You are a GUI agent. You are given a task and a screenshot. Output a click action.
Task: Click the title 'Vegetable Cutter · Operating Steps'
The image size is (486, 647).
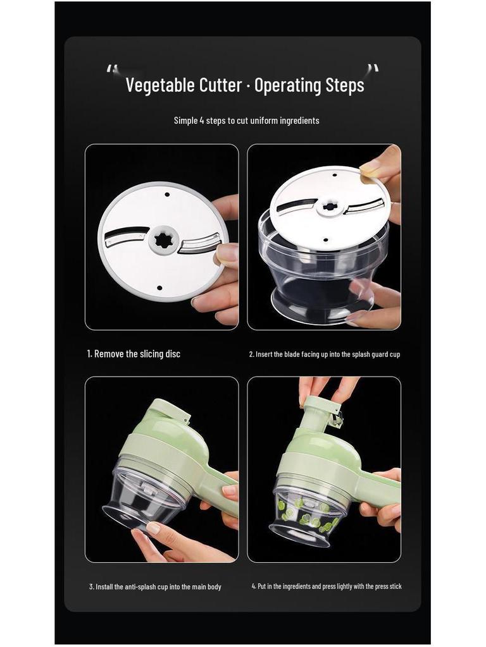pos(244,85)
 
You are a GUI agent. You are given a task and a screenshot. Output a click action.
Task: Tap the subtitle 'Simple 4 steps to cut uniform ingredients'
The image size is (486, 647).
pos(246,120)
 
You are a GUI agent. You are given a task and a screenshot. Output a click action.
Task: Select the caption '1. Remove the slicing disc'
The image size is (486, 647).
pos(134,354)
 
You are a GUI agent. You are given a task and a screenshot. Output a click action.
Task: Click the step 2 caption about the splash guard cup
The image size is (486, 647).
pos(324,354)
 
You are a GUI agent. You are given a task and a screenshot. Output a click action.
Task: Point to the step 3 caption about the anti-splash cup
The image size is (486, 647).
pos(155,587)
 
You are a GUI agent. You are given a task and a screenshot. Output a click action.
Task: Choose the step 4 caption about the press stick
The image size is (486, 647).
pos(326,586)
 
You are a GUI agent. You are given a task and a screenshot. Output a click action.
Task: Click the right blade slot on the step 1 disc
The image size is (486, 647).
pos(199,243)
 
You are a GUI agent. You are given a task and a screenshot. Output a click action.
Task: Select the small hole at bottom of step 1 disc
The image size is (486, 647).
pos(158,288)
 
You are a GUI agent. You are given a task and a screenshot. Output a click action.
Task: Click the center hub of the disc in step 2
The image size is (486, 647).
pos(329,207)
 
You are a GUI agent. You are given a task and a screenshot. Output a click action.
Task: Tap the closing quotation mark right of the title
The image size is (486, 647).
pos(373,70)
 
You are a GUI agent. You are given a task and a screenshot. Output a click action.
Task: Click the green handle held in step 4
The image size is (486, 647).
pos(380,490)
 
